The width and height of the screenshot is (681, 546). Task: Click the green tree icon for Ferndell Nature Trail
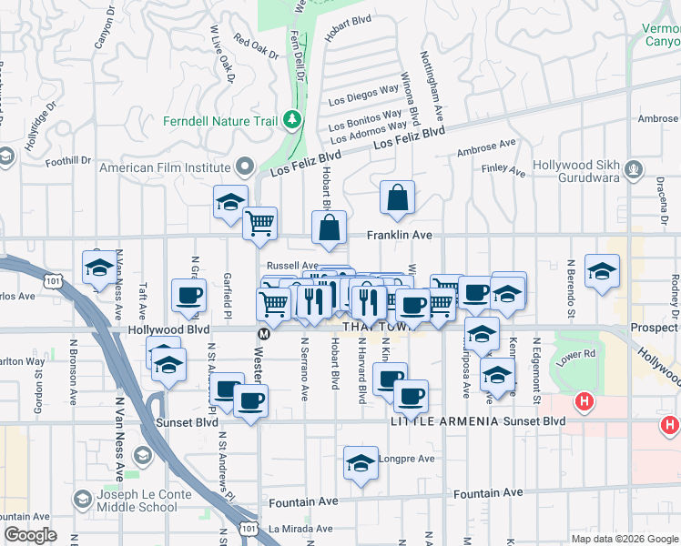coord(291,119)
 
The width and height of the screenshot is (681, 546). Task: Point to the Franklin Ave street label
coord(399,235)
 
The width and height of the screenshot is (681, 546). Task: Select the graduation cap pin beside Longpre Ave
coord(361,463)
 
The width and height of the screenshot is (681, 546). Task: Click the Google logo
coord(30,535)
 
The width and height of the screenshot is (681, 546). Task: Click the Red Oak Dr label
coord(255,47)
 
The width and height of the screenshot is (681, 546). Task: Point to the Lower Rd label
coord(577,353)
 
